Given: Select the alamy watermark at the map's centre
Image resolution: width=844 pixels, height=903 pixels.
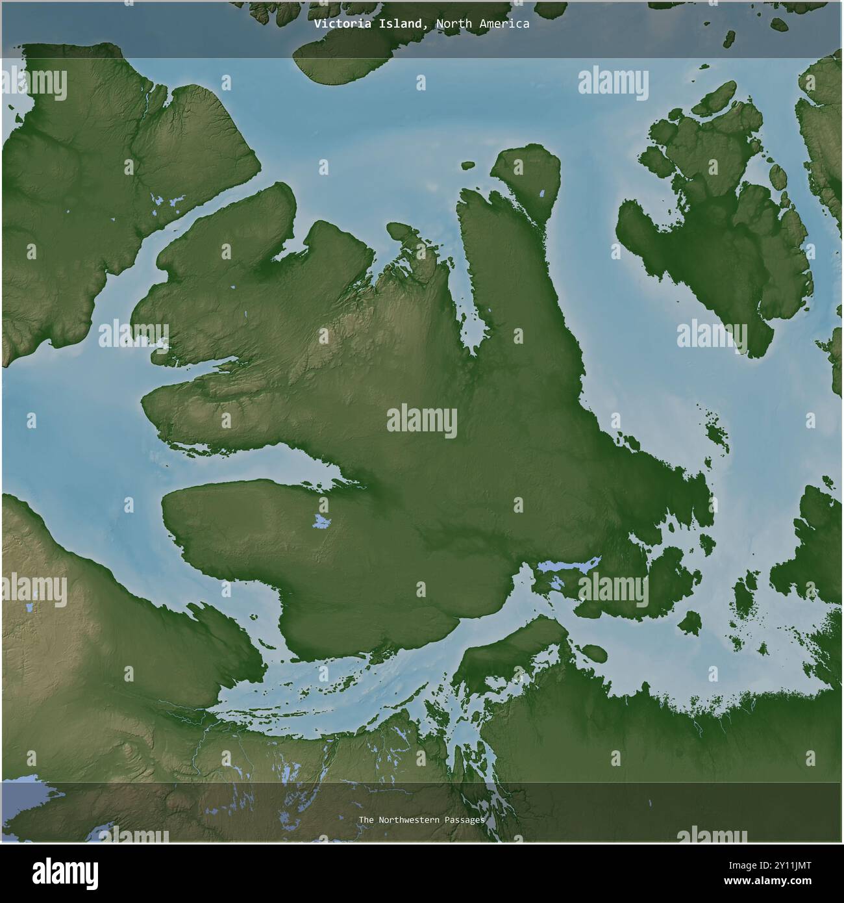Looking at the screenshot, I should tap(422, 421).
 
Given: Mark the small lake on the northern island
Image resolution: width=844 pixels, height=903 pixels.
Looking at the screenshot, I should tap(541, 193).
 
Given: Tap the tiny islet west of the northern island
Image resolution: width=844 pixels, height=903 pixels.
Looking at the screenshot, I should tap(467, 165).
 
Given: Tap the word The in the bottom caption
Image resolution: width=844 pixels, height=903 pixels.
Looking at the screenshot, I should tap(366, 820).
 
